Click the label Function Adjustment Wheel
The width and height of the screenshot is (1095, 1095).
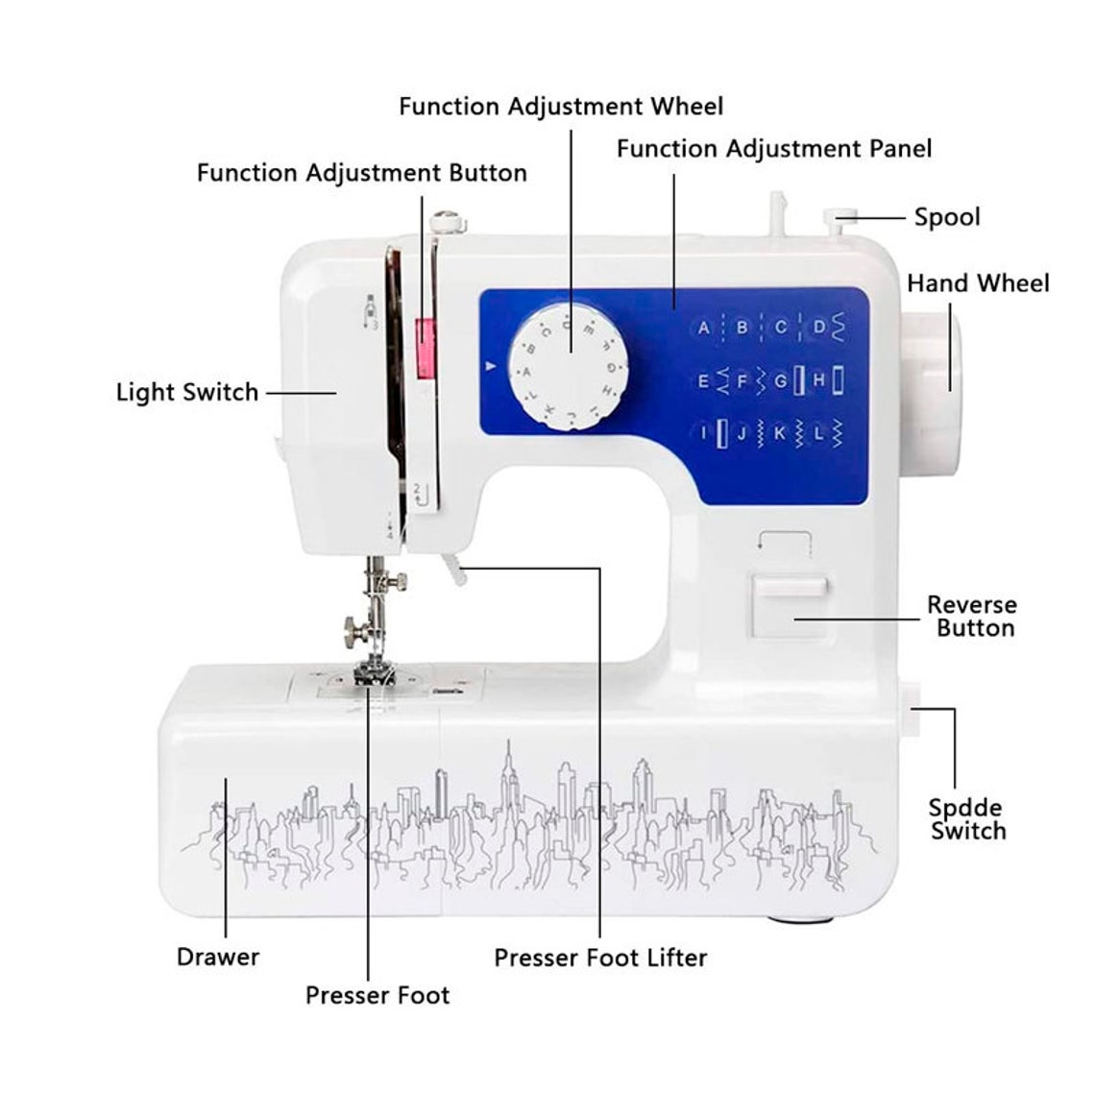(x=561, y=106)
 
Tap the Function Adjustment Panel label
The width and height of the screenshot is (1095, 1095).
(x=773, y=149)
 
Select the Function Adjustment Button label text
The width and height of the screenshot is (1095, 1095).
(x=362, y=173)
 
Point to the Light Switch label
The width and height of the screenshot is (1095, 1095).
(x=187, y=392)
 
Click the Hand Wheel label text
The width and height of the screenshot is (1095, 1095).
(x=978, y=283)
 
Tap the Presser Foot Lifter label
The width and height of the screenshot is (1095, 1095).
(x=600, y=958)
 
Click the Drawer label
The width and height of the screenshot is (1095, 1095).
(x=218, y=957)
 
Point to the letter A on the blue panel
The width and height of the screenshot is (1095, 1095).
(x=704, y=328)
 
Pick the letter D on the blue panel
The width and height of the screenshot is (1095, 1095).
(x=819, y=328)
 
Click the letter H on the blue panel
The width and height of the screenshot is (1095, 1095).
(x=819, y=380)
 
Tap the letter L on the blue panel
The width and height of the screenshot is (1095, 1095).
(x=819, y=433)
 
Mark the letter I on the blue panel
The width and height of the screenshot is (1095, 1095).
(x=704, y=433)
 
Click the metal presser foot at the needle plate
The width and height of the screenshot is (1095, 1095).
(x=376, y=673)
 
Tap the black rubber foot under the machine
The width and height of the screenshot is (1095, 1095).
(x=799, y=919)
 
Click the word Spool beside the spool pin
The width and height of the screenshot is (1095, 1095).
(x=947, y=217)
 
